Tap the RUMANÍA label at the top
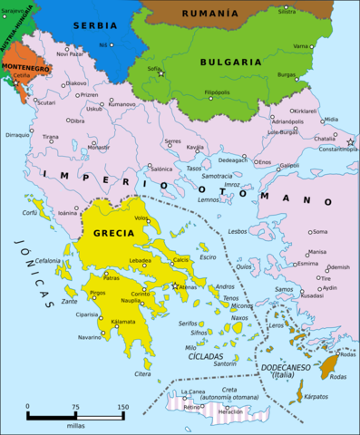(210, 14)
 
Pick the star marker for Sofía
(161, 72)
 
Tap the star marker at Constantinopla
(350, 142)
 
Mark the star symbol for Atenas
(175, 285)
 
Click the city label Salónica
(161, 169)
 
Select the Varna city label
(301, 45)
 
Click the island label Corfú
(30, 213)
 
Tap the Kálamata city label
(123, 322)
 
